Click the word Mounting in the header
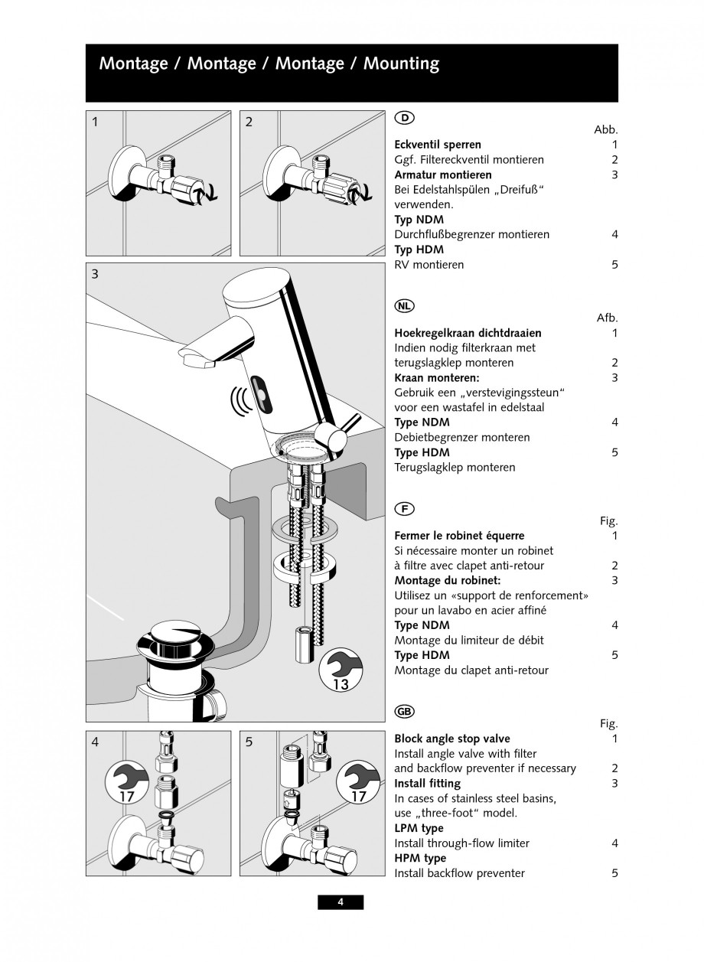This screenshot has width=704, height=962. (401, 64)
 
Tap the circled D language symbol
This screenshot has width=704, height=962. (404, 117)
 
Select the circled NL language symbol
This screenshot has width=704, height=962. (404, 306)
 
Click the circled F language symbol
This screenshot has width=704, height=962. (404, 508)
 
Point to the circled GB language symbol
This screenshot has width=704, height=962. (404, 711)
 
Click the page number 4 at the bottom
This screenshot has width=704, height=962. (341, 902)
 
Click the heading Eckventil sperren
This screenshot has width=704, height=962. (438, 145)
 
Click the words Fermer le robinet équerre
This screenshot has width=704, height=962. (459, 536)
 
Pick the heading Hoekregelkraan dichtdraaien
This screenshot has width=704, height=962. (468, 333)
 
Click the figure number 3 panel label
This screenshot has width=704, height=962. (95, 274)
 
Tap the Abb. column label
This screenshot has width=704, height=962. (605, 130)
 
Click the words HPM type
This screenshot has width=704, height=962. (420, 858)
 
